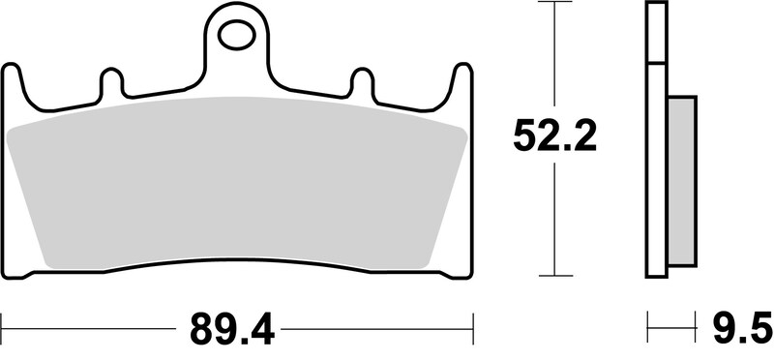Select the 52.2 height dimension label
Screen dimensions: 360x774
tap(553, 137)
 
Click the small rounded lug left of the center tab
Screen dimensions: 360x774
tap(111, 81)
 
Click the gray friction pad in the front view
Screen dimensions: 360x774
tap(236, 184)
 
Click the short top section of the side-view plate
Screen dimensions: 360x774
tap(656, 33)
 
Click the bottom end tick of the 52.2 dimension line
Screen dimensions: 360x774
tap(553, 275)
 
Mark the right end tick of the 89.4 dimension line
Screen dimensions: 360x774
tap(471, 322)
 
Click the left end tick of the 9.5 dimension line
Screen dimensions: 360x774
tap(647, 322)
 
